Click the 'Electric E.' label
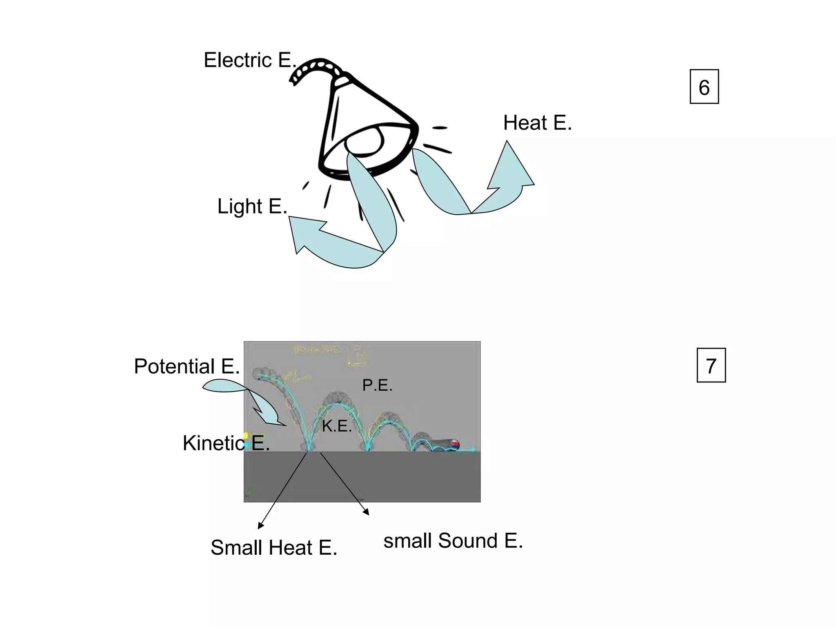[250, 60]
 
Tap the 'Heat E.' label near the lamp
[537, 123]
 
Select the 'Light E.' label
[252, 206]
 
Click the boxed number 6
[704, 87]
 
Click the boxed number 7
[711, 366]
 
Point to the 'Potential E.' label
[187, 366]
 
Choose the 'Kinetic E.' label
[226, 443]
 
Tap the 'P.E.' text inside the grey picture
[377, 385]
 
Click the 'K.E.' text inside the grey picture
[337, 427]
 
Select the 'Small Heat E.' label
[274, 548]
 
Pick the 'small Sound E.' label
[453, 541]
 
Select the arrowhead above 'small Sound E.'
[366, 512]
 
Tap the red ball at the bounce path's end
[455, 444]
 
